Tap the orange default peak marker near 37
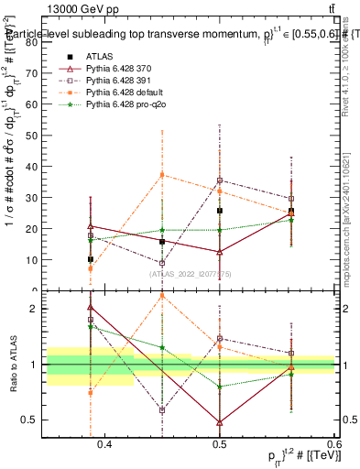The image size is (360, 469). [x=162, y=174]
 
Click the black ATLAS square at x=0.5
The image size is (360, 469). [x=220, y=211]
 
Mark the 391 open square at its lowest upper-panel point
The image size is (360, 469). [x=162, y=263]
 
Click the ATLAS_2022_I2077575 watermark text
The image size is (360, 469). [x=190, y=273]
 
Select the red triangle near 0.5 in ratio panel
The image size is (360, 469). [x=220, y=422]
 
